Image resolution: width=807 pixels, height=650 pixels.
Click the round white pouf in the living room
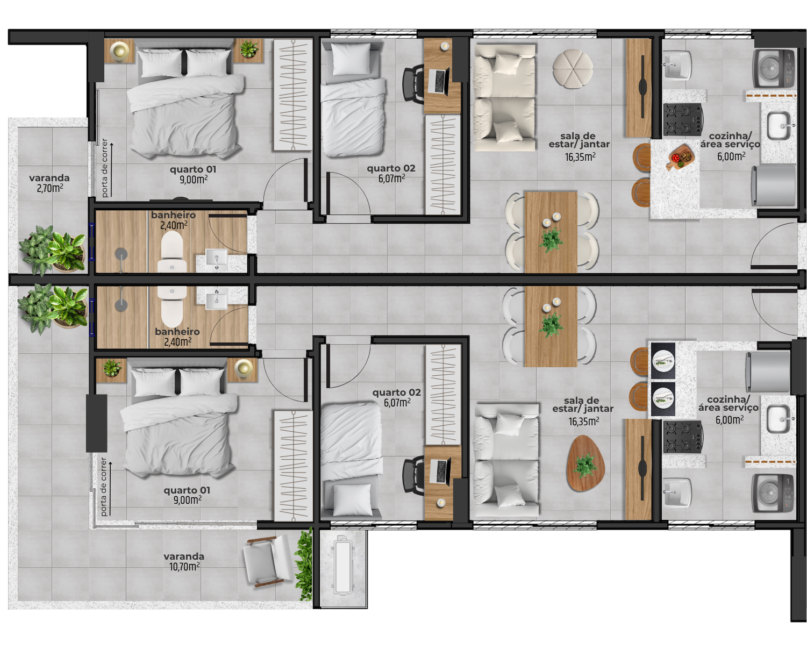click(x=573, y=69)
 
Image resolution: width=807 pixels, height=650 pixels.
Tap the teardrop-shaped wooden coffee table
click(x=585, y=463)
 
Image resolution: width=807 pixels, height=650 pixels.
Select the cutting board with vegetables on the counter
click(x=681, y=157)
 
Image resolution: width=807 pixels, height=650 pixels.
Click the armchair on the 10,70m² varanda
click(x=268, y=560)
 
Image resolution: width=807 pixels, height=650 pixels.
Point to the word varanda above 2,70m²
click(x=49, y=178)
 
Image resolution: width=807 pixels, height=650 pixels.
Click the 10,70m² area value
click(x=184, y=566)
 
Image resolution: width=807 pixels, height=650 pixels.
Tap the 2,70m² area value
click(x=50, y=188)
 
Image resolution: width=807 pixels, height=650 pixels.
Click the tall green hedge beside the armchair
click(x=305, y=565)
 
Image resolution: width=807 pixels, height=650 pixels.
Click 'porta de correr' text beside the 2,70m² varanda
click(x=105, y=168)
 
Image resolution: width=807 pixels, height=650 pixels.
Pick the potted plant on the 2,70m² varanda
click(x=53, y=250)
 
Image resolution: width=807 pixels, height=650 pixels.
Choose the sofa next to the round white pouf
click(x=504, y=97)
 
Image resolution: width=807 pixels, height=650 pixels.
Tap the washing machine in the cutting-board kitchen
click(x=774, y=69)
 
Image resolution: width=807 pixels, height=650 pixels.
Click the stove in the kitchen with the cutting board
click(x=683, y=119)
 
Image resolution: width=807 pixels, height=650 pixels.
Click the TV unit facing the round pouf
click(x=639, y=88)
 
